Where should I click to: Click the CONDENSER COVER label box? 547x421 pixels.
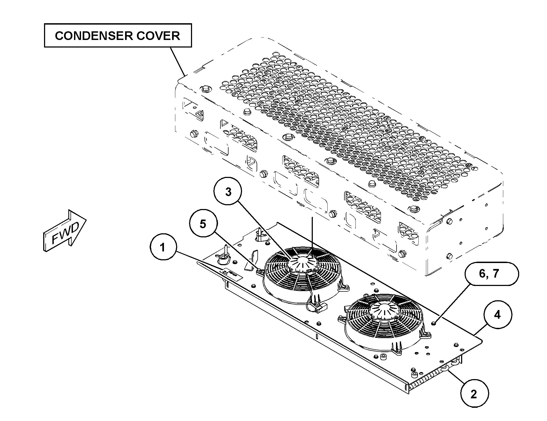[118, 35]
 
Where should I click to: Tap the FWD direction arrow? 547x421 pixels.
[65, 232]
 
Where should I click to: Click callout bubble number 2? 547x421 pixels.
[474, 394]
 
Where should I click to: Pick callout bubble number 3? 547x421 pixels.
[228, 192]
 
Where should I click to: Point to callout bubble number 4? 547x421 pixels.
[497, 315]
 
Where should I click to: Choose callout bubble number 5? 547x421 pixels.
[203, 224]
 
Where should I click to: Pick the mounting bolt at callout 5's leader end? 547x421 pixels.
[259, 270]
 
